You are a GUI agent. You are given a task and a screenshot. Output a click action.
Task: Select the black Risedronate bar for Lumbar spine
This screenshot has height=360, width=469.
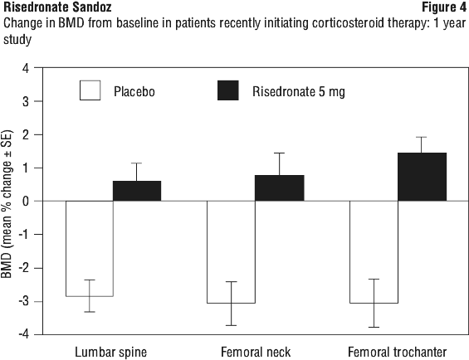click(x=137, y=191)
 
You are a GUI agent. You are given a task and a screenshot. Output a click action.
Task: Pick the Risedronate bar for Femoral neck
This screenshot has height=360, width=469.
click(x=280, y=188)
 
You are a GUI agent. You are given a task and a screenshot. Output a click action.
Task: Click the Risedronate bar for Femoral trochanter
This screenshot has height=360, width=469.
click(x=422, y=177)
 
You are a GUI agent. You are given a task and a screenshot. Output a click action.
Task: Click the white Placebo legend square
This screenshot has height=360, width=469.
click(x=90, y=90)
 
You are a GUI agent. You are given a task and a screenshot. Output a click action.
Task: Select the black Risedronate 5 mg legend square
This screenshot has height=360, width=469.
click(x=228, y=90)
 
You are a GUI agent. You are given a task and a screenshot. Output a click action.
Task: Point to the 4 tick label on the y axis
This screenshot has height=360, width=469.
click(x=26, y=69)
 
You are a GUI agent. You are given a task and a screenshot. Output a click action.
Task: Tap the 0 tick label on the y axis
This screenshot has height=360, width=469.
click(x=26, y=202)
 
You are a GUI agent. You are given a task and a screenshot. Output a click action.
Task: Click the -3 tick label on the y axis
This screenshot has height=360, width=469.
click(x=23, y=301)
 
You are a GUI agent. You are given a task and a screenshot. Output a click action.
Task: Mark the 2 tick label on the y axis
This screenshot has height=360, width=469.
click(x=26, y=135)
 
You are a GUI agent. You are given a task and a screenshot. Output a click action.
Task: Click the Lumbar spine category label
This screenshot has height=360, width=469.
click(x=110, y=353)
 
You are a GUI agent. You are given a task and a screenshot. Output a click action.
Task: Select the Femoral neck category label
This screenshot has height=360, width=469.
click(x=256, y=352)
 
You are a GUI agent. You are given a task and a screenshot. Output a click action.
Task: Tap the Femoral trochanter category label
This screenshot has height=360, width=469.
click(x=398, y=352)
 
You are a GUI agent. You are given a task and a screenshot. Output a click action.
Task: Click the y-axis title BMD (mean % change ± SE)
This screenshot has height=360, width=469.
click(x=7, y=204)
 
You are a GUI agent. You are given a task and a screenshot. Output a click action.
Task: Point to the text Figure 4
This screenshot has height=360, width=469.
click(x=444, y=7)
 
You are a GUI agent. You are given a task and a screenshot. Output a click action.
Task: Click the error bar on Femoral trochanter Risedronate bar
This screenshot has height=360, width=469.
click(x=422, y=145)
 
